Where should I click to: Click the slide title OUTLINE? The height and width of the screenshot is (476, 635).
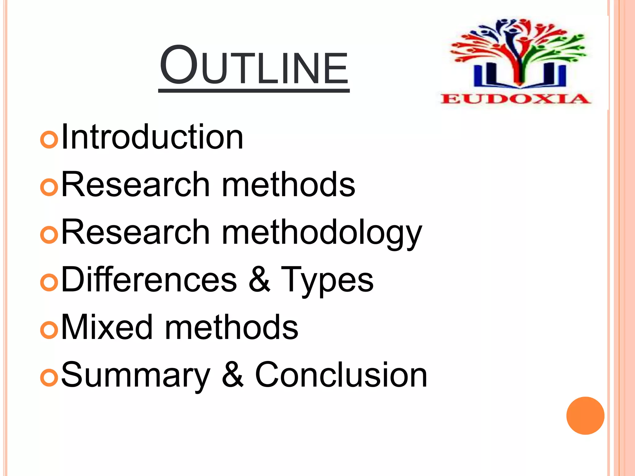point(254,66)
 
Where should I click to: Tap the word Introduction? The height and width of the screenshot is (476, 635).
point(152,137)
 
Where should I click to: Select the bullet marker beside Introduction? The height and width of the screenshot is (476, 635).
point(49,139)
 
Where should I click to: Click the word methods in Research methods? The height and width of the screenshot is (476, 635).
point(289,184)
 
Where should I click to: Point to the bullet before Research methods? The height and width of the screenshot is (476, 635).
point(49,187)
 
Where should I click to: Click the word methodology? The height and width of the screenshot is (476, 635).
point(322,233)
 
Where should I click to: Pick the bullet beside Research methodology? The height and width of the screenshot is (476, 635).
point(49,235)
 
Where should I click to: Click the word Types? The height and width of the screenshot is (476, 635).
point(327,280)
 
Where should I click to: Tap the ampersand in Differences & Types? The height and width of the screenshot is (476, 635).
point(259,280)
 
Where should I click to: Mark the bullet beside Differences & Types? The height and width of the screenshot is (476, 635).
point(49,282)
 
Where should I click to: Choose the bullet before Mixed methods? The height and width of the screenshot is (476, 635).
point(49,330)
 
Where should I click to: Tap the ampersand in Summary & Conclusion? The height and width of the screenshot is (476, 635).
point(233,375)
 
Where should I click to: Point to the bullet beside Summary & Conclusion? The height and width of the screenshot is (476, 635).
point(49,378)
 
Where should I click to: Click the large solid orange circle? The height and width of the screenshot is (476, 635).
point(585,416)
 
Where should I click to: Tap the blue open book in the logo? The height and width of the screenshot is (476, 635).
point(520,76)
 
